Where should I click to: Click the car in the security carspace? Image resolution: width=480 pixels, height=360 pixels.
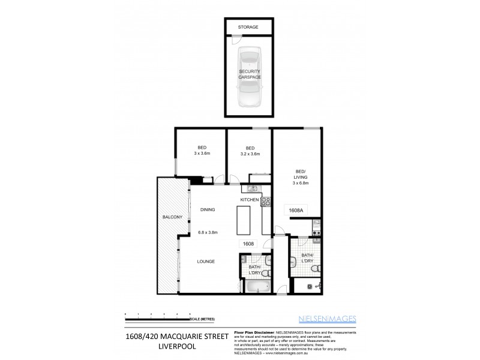pyautogui.click(x=249, y=76)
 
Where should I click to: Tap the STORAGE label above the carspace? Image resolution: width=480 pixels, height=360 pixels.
pyautogui.click(x=248, y=28)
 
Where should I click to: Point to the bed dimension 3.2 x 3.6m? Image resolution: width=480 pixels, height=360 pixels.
pyautogui.click(x=250, y=154)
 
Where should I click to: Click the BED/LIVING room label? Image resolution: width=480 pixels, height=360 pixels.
pyautogui.click(x=300, y=177)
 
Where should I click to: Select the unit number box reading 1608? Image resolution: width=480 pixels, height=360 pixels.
pyautogui.click(x=248, y=244)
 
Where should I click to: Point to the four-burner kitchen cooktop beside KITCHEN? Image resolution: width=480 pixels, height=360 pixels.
pyautogui.click(x=266, y=202)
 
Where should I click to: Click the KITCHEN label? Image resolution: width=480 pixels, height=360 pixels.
pyautogui.click(x=249, y=199)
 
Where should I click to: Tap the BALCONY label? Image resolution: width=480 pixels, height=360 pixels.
pyautogui.click(x=172, y=217)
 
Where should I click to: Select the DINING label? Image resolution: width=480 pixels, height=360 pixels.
pyautogui.click(x=208, y=209)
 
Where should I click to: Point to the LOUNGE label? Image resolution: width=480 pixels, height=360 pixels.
pyautogui.click(x=206, y=261)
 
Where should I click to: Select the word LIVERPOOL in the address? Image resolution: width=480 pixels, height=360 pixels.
pyautogui.click(x=177, y=347)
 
